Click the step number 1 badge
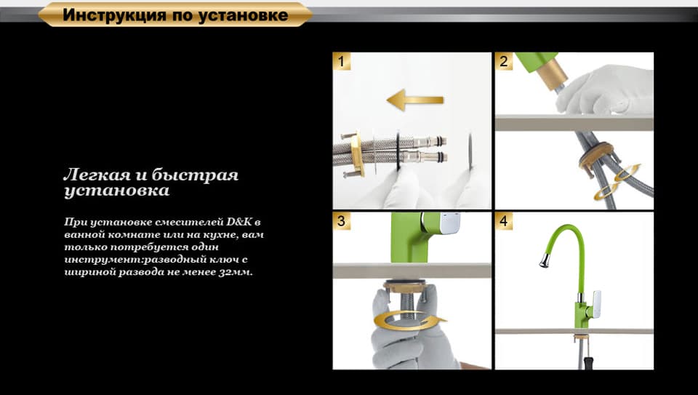(x=342, y=61)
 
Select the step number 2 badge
(x=503, y=61)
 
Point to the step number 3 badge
(x=342, y=221)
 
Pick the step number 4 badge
(x=503, y=221)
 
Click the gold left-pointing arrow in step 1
(x=415, y=100)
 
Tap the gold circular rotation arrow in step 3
(x=408, y=321)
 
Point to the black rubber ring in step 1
(x=398, y=151)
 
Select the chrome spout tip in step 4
(x=545, y=260)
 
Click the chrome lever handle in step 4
(x=595, y=304)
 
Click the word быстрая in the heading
(x=196, y=175)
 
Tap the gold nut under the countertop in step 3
(x=405, y=286)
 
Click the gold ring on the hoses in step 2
(x=596, y=153)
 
